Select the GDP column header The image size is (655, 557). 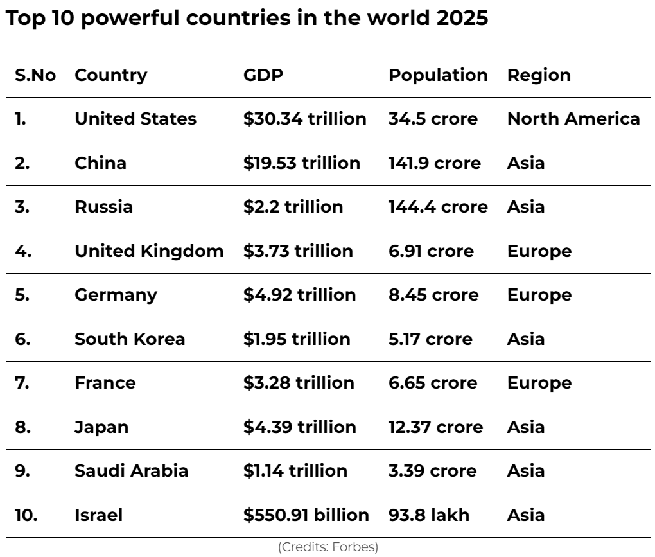263,75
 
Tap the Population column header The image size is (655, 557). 438,75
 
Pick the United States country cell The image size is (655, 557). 135,119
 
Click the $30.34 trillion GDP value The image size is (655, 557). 305,119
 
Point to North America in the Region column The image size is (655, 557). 573,119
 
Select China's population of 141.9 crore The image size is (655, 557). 434,163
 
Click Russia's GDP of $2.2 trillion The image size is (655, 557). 293,207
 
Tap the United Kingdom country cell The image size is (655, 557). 149,251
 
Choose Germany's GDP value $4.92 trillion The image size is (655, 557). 299,295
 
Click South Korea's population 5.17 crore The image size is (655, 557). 430,339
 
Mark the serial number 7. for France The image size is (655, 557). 22,383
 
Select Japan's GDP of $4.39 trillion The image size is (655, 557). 299,427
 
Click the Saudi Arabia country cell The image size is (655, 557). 132,471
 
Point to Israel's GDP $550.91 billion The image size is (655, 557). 306,515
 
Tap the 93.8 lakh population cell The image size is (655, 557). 429,515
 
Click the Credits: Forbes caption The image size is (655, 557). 327,547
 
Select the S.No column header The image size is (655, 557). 35,75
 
